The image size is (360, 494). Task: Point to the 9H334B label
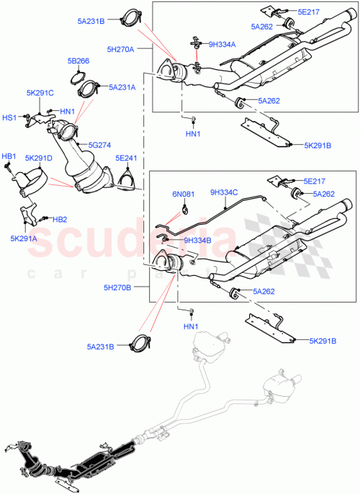tap(198, 241)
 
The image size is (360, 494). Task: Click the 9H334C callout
tap(226, 192)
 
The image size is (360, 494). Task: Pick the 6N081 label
tap(184, 194)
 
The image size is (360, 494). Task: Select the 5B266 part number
tap(78, 61)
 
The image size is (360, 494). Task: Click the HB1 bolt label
tap(9, 156)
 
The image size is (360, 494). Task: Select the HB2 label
tap(59, 219)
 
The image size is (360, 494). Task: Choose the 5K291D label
tap(39, 158)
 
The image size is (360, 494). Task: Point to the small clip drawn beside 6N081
tap(185, 210)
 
